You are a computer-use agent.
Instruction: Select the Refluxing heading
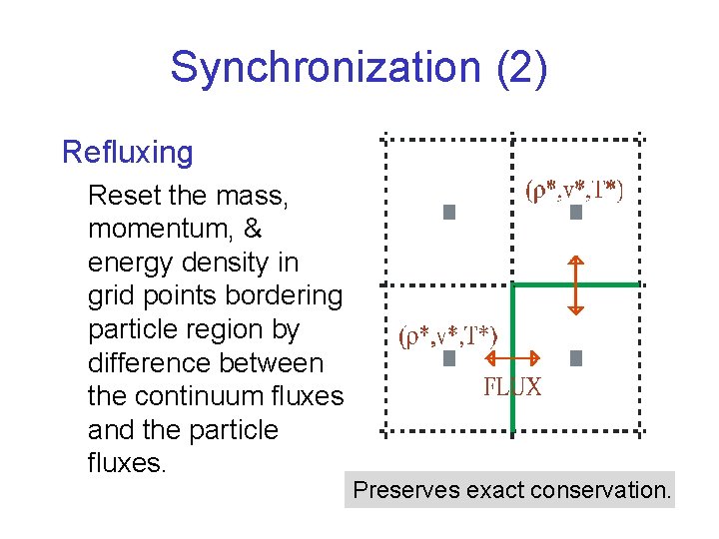pyautogui.click(x=127, y=153)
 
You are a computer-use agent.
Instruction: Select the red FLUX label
pyautogui.click(x=513, y=388)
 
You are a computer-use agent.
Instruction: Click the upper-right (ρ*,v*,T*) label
pyautogui.click(x=573, y=192)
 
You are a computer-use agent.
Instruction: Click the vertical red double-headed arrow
pyautogui.click(x=575, y=283)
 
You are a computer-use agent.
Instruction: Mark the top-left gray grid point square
pyautogui.click(x=449, y=212)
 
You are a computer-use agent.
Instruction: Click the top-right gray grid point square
pyautogui.click(x=575, y=212)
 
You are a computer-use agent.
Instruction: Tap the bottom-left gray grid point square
pyautogui.click(x=449, y=357)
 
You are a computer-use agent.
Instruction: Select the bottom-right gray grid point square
pyautogui.click(x=575, y=357)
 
